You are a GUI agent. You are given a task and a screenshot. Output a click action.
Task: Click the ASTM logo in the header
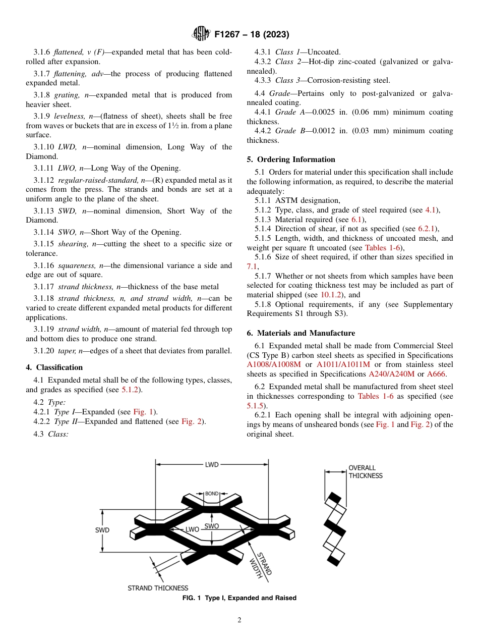pyautogui.click(x=201, y=34)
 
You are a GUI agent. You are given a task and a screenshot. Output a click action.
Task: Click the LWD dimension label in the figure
pyautogui.click(x=212, y=465)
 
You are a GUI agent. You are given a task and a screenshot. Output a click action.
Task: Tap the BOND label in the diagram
pyautogui.click(x=212, y=494)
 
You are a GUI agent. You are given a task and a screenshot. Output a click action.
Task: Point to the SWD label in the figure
pyautogui.click(x=102, y=530)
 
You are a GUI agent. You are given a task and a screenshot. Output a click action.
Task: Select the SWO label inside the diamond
pyautogui.click(x=212, y=526)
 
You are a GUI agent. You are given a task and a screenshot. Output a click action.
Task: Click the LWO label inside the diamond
pyautogui.click(x=193, y=529)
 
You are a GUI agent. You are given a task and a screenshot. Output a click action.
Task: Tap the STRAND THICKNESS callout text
pyautogui.click(x=158, y=588)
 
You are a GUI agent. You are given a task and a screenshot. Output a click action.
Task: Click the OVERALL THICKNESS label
pyautogui.click(x=366, y=472)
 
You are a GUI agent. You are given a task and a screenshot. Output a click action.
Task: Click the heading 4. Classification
pyautogui.click(x=54, y=367)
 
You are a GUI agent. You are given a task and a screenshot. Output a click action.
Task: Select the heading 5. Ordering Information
pyautogui.click(x=291, y=159)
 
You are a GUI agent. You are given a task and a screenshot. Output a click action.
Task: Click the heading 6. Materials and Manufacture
pyautogui.click(x=301, y=333)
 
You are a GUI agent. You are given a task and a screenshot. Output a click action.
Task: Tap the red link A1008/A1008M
pyautogui.click(x=274, y=365)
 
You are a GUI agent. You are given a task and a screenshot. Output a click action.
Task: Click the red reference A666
pyautogui.click(x=436, y=374)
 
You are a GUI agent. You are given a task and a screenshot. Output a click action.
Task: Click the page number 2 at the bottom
pyautogui.click(x=239, y=620)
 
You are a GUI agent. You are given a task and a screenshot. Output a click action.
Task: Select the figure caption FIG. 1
pyautogui.click(x=239, y=598)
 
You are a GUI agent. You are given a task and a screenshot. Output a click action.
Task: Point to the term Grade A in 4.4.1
pyautogui.click(x=286, y=112)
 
